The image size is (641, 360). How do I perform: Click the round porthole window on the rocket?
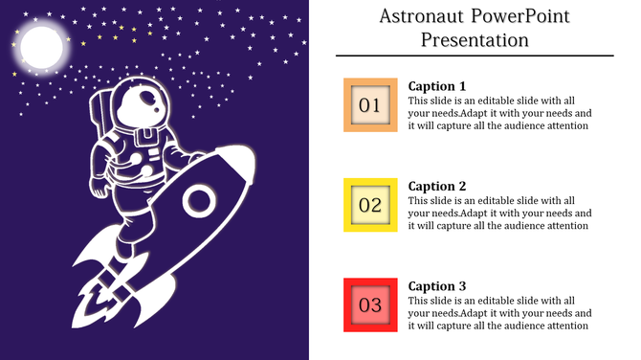200,200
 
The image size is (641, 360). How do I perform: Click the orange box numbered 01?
370,104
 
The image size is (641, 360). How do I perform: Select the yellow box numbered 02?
370,204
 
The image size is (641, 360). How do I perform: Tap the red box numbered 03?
370,305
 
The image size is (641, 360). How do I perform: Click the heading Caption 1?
437,85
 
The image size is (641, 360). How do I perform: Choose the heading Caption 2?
437,186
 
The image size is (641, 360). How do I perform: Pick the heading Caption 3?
437,285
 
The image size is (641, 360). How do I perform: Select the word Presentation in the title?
475,39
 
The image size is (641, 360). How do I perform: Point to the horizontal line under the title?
475,56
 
